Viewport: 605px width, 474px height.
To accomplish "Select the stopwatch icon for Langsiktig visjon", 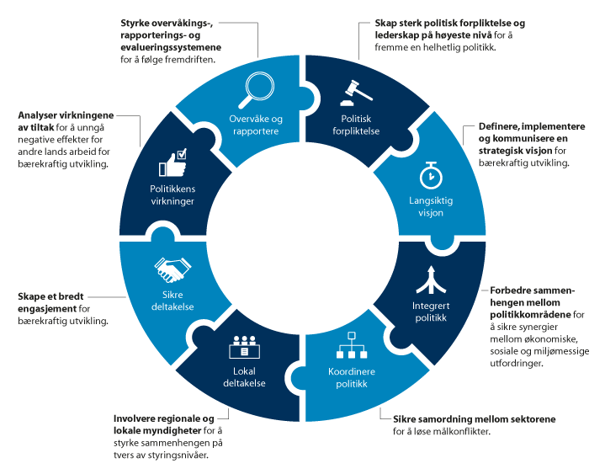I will coord(430,174).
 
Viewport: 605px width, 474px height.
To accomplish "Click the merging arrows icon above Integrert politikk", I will coord(430,277).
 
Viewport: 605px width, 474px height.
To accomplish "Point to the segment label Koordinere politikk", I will coord(348,377).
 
